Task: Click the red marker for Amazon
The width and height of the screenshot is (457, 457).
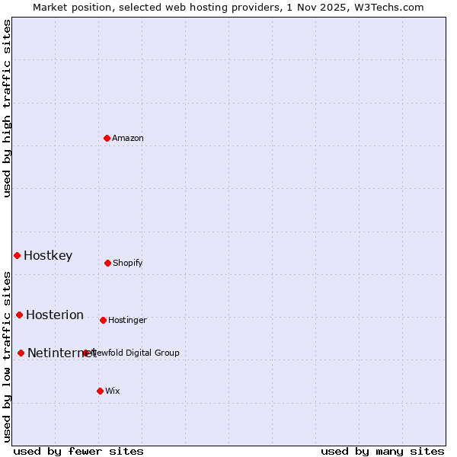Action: coord(107,138)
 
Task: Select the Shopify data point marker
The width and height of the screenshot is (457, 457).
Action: coord(107,263)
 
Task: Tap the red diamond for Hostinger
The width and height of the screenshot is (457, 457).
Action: coord(103,320)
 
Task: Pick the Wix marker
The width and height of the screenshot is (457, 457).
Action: coord(100,391)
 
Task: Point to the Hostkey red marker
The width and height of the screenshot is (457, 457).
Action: coord(17,255)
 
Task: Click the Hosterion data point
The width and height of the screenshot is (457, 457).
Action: coord(19,315)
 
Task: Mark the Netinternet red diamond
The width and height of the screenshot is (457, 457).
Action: coord(21,353)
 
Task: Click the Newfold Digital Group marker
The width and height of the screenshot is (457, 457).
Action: coord(85,353)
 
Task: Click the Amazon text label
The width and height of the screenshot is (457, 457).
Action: coord(128,138)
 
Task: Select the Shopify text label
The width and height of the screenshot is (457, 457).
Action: coord(128,263)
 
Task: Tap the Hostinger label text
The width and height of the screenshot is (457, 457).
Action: coord(127,320)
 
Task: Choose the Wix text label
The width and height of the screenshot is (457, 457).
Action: coord(113,391)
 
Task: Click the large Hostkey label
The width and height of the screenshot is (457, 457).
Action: coord(48,255)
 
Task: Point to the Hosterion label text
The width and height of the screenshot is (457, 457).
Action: coord(55,315)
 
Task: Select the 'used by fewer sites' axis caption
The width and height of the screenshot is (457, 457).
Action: coord(78,451)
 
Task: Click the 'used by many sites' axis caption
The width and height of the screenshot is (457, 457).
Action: coord(382,451)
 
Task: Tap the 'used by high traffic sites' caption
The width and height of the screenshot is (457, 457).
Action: coord(8,108)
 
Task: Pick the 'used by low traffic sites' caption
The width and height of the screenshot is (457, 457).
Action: coord(8,356)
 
